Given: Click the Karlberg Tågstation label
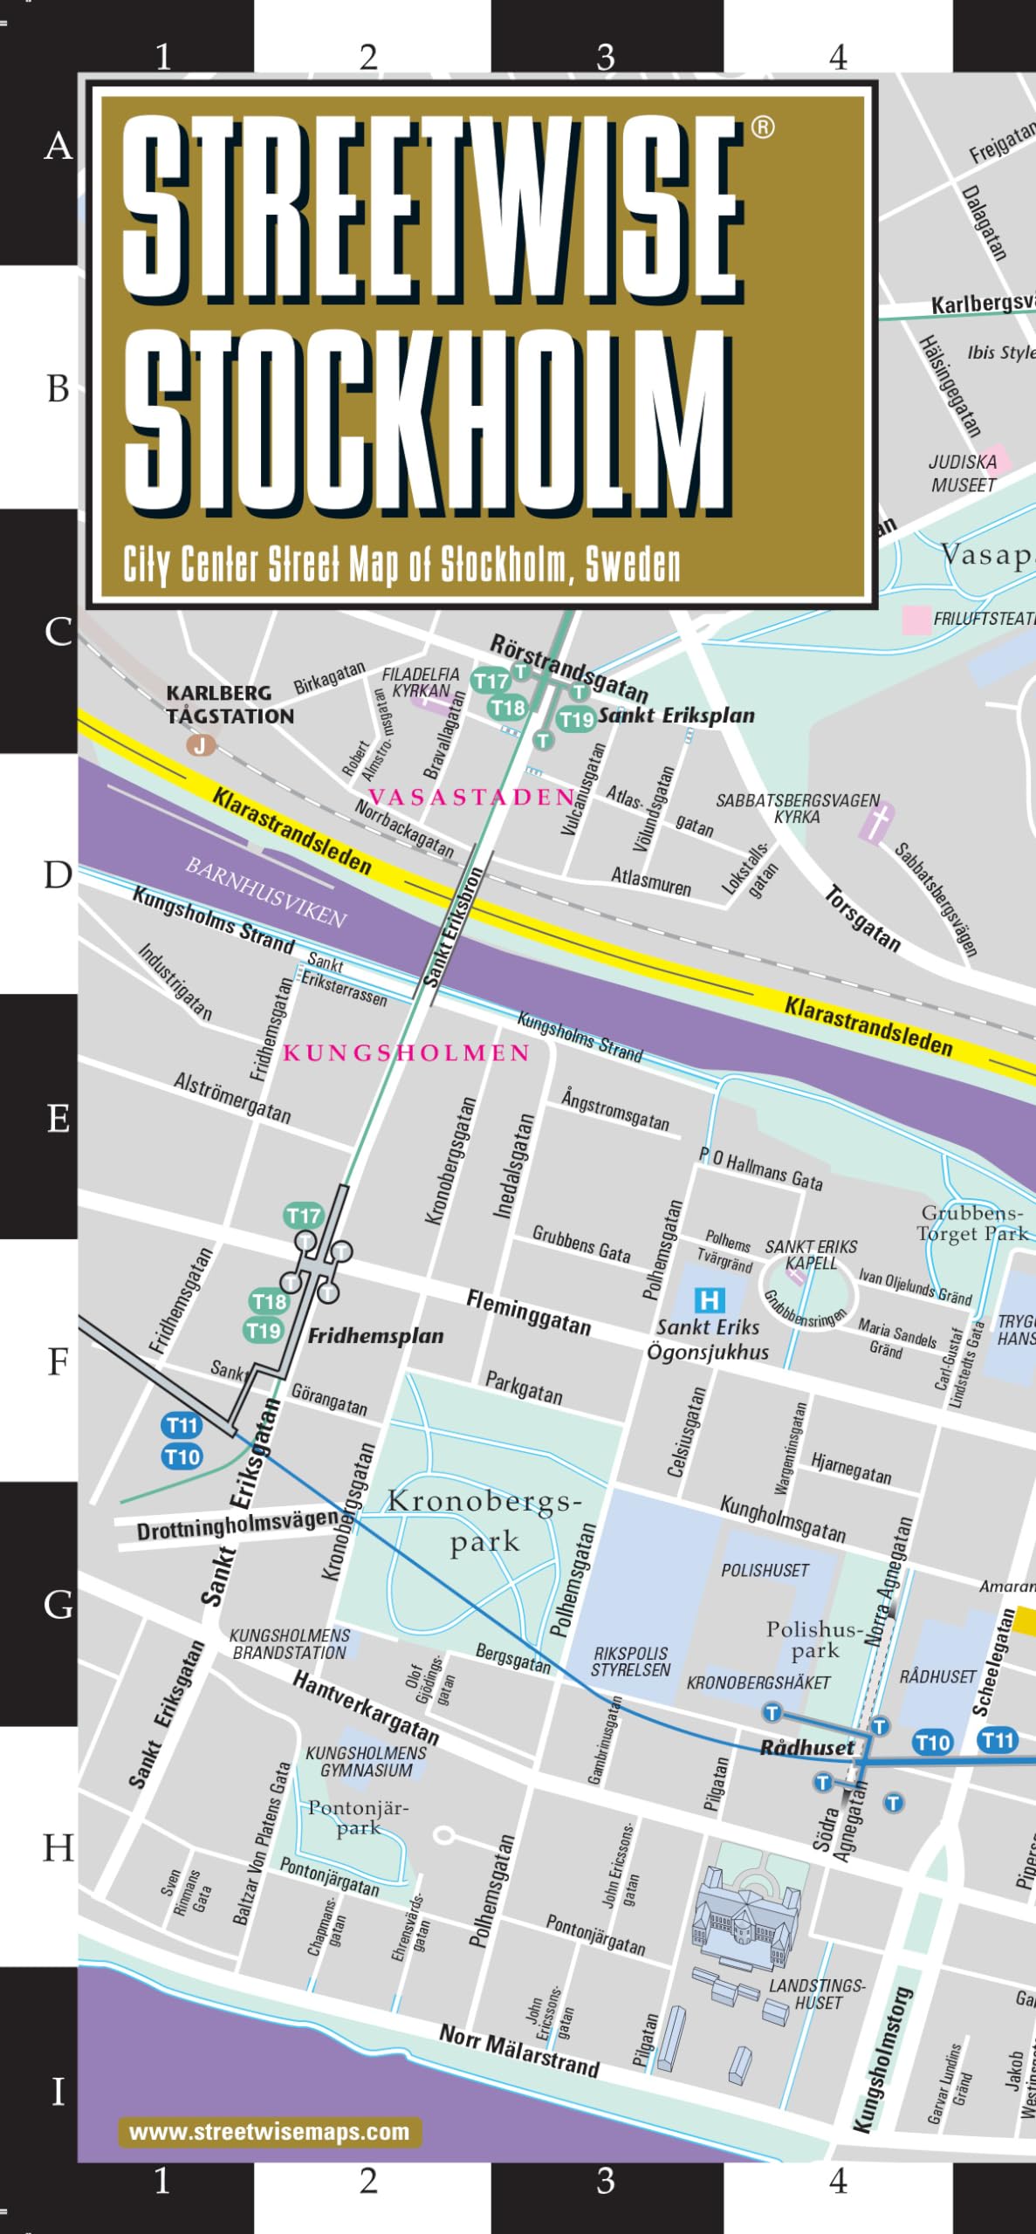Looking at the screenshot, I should coord(230,704).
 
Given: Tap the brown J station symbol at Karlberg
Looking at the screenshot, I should coord(201,745).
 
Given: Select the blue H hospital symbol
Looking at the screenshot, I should coord(710,1300).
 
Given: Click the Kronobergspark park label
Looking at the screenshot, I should coord(484,1521).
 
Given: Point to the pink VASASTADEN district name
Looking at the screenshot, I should coord(471,797).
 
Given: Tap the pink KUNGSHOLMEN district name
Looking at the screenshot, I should coord(406,1052).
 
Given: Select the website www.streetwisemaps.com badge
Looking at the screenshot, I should coord(270,2132).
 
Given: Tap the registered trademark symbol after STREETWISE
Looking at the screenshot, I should coord(763,128).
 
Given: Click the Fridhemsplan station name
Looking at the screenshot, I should coord(375,1335).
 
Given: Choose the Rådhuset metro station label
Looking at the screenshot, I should coord(806,1747).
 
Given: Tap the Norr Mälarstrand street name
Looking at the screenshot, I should coord(519,2051).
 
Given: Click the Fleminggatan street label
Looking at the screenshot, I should coord(528,1312).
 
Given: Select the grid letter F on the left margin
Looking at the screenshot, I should coord(58,1360).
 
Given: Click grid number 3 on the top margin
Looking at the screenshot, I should coord(605,58).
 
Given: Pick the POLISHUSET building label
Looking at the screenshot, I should coord(765,1571).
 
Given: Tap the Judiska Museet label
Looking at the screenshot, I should coord(962,473).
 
